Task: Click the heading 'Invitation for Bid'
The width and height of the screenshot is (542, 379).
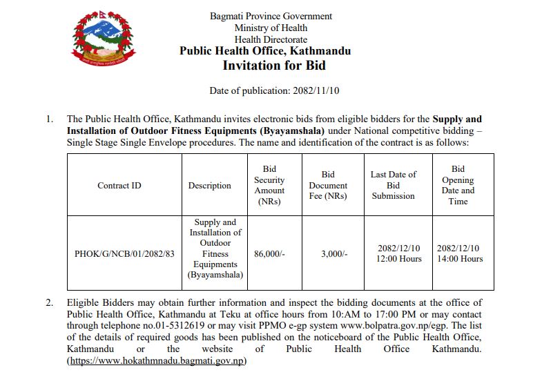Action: click(x=273, y=66)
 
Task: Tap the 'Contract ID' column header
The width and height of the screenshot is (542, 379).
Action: click(x=119, y=186)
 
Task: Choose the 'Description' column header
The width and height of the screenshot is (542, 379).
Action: click(x=209, y=186)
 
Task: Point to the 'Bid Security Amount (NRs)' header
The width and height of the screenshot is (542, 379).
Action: click(x=269, y=185)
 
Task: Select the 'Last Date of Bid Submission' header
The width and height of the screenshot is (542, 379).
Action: click(x=393, y=185)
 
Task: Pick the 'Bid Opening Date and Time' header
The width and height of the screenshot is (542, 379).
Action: click(x=458, y=185)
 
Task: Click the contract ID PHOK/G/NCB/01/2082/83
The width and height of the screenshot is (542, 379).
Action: click(x=124, y=253)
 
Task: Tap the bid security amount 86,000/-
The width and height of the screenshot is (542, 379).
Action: click(x=269, y=253)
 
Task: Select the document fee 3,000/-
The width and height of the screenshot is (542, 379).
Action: click(x=334, y=253)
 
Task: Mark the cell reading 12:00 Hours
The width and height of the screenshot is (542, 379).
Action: click(x=399, y=259)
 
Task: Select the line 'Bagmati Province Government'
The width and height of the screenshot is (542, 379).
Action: click(x=271, y=16)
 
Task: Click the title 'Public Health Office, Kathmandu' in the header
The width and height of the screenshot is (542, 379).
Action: click(x=265, y=51)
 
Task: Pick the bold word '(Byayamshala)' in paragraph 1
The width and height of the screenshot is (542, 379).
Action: click(x=292, y=130)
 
